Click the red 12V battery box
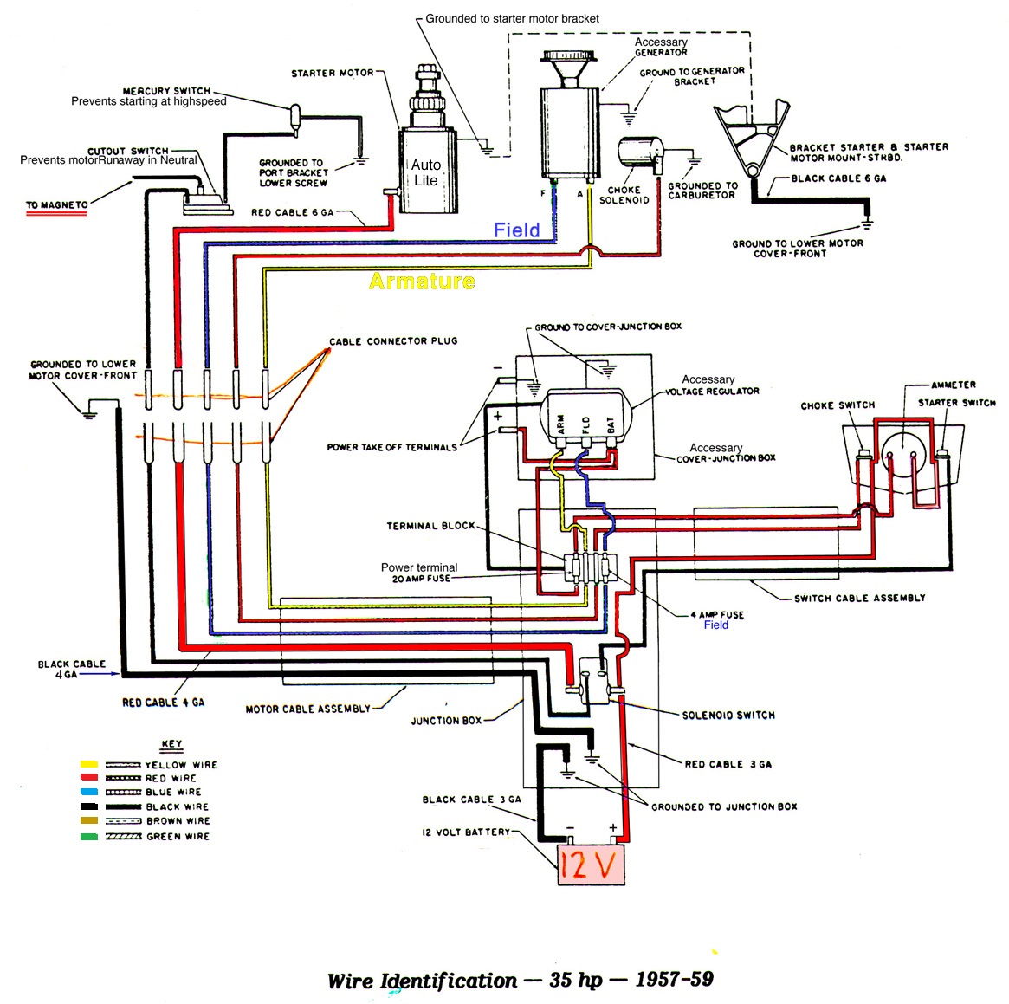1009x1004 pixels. point(590,865)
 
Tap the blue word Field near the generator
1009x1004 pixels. point(517,230)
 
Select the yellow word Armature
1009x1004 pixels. point(422,281)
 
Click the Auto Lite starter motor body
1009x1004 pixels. point(426,172)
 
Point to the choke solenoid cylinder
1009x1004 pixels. point(639,153)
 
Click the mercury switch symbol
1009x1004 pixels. point(295,118)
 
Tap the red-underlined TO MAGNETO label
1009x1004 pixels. point(57,205)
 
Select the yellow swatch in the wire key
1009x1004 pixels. point(89,764)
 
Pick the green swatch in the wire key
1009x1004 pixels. point(89,836)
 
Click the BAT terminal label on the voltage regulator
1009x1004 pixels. point(611,424)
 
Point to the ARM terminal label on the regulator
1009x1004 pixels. point(560,424)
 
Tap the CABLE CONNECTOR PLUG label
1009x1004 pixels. point(393,341)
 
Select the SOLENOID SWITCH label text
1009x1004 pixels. point(728,716)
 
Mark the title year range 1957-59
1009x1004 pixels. point(674,980)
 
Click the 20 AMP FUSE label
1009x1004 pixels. point(421,579)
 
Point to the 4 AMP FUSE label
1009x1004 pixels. point(717,615)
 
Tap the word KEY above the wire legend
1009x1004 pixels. point(171,744)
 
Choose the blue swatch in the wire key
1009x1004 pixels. point(89,792)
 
